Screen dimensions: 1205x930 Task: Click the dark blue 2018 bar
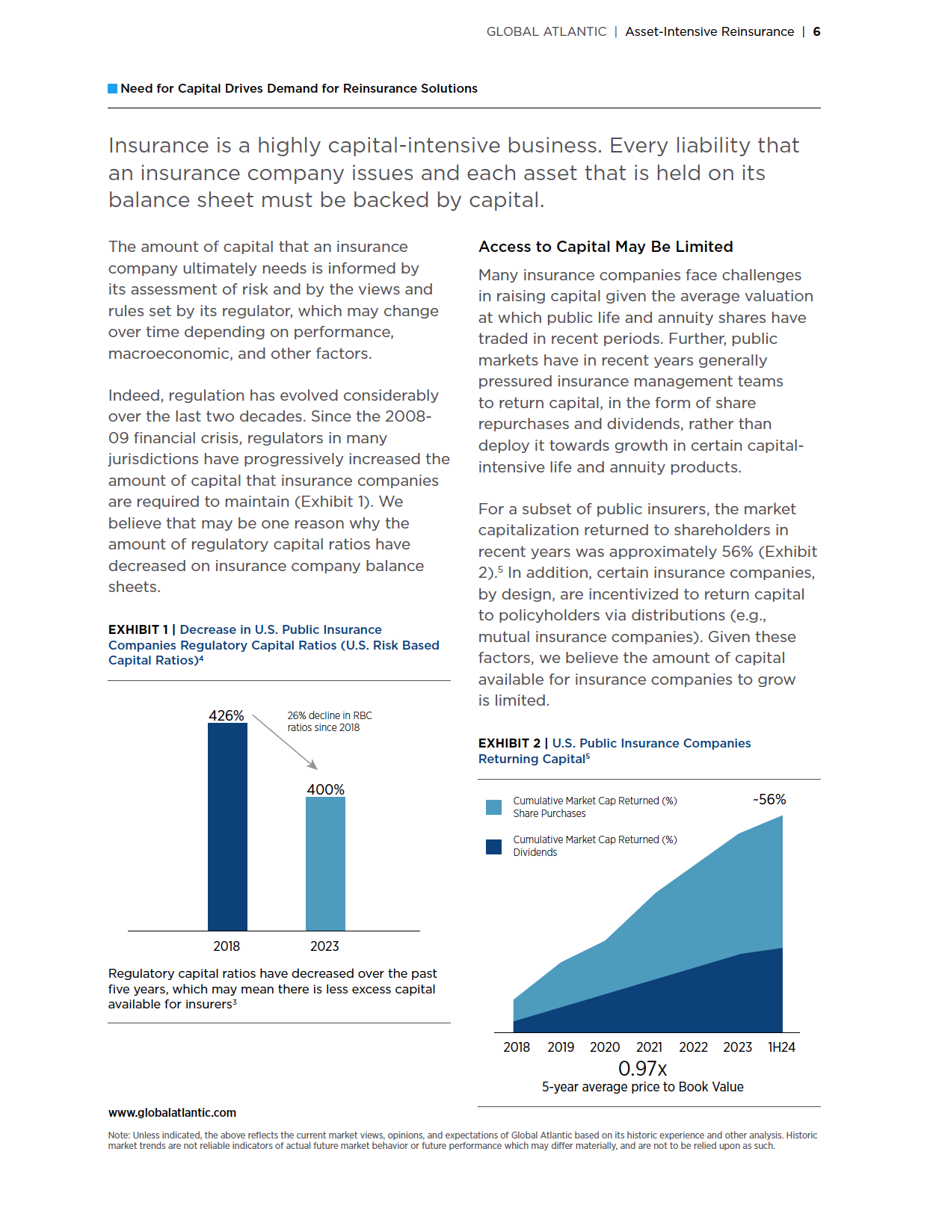coord(227,827)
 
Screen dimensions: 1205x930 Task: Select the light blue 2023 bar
coord(325,863)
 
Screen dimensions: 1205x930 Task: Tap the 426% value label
coord(227,715)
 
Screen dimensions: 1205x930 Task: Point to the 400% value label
coord(325,789)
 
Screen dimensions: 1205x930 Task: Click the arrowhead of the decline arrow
coord(313,765)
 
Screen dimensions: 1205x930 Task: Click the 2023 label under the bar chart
coord(324,946)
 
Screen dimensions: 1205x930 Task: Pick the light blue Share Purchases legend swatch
coord(493,807)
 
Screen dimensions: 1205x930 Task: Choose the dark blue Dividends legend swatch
coord(493,846)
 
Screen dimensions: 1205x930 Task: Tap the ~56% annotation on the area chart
coord(769,800)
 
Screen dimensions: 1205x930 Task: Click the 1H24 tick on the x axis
coord(781,1047)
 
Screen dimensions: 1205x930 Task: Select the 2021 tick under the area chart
coord(649,1047)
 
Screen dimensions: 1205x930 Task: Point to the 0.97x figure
coord(642,1069)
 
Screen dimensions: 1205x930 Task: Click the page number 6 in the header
coord(817,31)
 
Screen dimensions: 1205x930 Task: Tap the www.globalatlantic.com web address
coord(172,1112)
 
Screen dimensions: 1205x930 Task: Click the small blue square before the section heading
coord(113,88)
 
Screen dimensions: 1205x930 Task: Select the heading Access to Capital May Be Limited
coord(606,247)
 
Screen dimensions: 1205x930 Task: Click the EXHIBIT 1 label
coord(137,629)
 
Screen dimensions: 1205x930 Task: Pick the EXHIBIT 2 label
coord(509,743)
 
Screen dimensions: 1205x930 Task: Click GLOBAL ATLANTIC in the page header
coord(546,31)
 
